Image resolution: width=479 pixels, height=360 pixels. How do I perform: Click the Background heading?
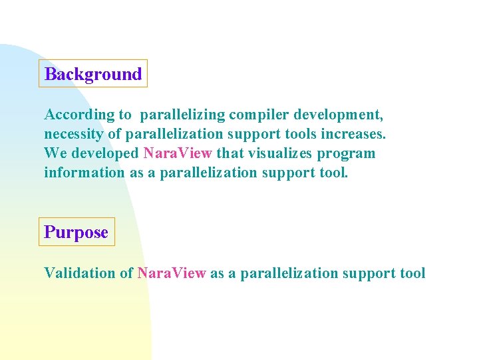[93, 74]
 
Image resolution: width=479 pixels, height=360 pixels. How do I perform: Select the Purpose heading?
[76, 232]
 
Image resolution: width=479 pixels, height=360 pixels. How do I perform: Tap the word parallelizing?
[182, 115]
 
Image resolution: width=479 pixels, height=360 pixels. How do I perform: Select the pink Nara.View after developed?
[178, 153]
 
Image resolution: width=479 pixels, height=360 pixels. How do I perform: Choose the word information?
[84, 173]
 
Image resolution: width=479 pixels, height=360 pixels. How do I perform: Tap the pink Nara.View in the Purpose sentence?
[172, 273]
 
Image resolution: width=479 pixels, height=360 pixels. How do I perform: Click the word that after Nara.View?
[230, 153]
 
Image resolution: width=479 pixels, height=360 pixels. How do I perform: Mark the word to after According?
[125, 115]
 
